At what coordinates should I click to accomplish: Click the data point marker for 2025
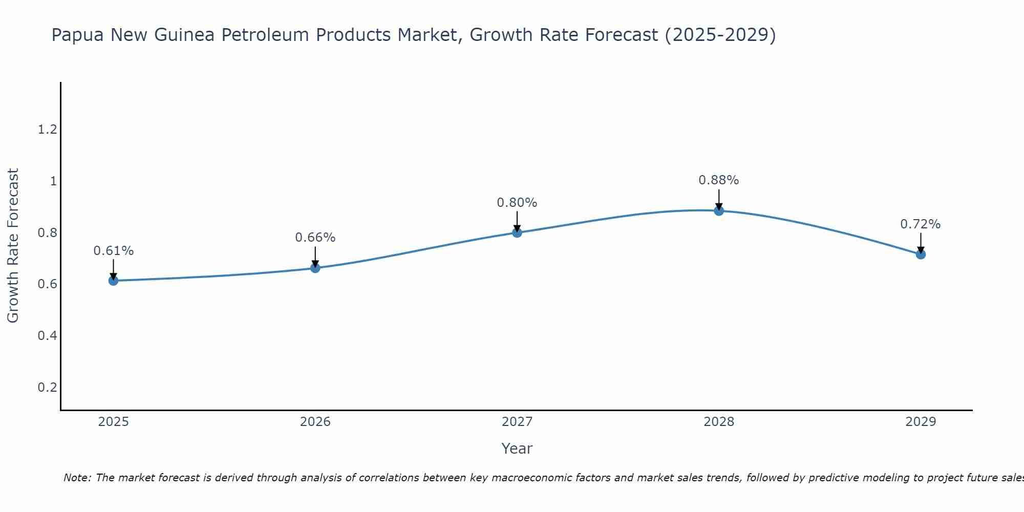[x=113, y=281]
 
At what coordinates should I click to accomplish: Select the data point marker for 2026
[x=315, y=268]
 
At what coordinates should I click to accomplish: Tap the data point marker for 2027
[x=517, y=232]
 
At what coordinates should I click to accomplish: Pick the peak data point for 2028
[x=719, y=210]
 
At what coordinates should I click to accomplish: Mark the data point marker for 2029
[x=921, y=254]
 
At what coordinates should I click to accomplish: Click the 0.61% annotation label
[x=114, y=251]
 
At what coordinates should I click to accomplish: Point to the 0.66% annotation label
[x=315, y=238]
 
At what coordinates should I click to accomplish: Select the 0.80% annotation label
[x=517, y=203]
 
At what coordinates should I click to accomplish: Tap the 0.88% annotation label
[x=719, y=180]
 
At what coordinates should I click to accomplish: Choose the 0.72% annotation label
[x=921, y=224]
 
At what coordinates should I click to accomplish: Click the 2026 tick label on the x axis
[x=315, y=422]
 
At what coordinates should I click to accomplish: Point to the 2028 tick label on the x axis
[x=719, y=422]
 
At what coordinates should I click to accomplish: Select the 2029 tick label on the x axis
[x=921, y=422]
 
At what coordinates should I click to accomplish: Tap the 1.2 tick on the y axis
[x=47, y=130]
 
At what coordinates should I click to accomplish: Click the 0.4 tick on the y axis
[x=47, y=336]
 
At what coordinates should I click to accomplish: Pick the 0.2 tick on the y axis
[x=47, y=388]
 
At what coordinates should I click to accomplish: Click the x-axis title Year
[x=517, y=449]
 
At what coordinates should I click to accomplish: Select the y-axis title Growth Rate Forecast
[x=13, y=246]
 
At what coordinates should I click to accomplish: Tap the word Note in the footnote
[x=77, y=478]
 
